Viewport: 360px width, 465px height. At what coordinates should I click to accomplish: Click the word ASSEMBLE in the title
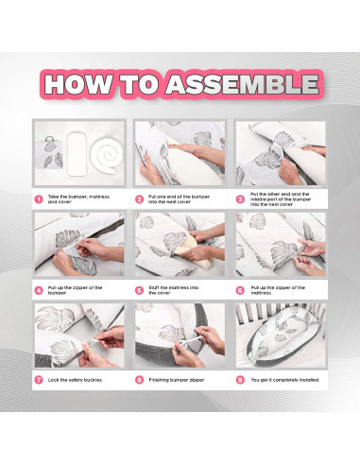[242, 84]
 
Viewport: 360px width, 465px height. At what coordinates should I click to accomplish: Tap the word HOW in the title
[78, 84]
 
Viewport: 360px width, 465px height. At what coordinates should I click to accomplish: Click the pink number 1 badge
[39, 199]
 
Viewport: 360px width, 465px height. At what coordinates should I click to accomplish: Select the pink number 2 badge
[139, 199]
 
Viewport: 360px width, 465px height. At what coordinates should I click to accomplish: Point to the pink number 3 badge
[240, 199]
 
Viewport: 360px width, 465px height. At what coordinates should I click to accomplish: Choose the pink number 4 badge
[39, 290]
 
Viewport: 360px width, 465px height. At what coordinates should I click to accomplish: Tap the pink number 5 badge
[139, 290]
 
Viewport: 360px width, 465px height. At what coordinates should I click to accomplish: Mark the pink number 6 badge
[240, 290]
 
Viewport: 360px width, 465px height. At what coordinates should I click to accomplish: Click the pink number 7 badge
[39, 380]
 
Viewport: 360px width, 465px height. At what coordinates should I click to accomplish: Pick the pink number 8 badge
[139, 380]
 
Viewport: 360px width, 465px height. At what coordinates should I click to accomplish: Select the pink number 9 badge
[240, 380]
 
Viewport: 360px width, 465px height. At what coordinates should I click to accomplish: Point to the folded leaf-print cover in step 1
[50, 153]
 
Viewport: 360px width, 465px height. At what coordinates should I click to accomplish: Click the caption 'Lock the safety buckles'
[75, 380]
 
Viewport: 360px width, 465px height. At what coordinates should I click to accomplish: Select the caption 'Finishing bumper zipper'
[177, 380]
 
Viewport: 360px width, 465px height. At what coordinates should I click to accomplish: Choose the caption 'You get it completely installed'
[284, 380]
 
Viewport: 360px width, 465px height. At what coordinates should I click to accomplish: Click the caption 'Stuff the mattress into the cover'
[174, 290]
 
